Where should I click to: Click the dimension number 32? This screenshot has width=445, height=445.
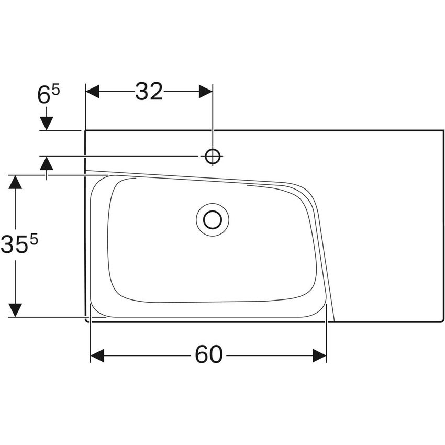[x=149, y=92]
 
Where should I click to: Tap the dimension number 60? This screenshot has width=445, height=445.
[x=208, y=355]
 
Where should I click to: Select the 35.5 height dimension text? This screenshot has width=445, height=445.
[x=21, y=245]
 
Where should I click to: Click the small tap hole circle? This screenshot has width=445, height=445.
[x=213, y=156]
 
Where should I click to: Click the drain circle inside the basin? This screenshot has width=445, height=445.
[x=213, y=219]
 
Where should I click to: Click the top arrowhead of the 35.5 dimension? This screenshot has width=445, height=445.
[x=16, y=182]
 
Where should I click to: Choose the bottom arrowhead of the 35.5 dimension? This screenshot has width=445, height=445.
[x=16, y=310]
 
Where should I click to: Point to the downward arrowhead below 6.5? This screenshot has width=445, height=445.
[x=47, y=124]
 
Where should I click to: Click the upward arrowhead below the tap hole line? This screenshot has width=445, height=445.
[x=47, y=163]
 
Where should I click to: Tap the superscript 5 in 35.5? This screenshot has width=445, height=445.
[x=35, y=239]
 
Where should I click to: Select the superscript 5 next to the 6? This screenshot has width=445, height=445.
[x=55, y=90]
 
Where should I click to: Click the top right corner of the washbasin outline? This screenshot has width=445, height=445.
[x=443, y=130]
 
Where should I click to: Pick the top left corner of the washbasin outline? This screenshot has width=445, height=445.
[x=86, y=131]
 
